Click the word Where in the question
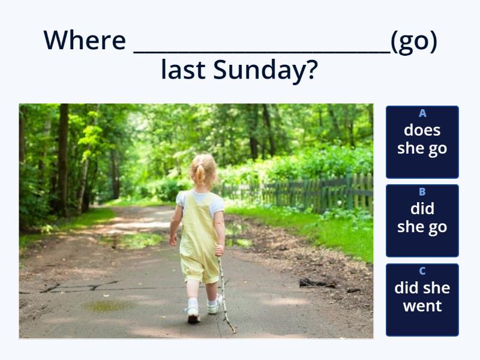(85, 41)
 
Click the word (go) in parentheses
(413, 41)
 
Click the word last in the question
(184, 71)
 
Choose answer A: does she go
(422, 142)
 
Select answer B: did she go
(422, 221)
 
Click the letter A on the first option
(422, 113)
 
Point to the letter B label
(422, 192)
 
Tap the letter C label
(422, 271)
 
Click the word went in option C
(422, 306)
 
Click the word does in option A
(422, 130)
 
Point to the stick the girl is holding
(225, 294)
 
